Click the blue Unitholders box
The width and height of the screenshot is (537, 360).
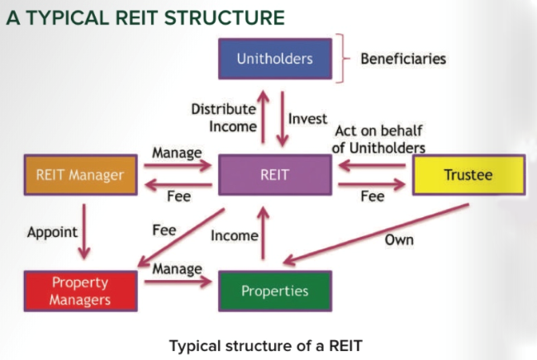tap(275, 59)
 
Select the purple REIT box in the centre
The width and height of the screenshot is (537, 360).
tap(274, 174)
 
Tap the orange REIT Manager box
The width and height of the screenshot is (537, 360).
tap(80, 174)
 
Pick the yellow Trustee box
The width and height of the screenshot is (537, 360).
tap(468, 175)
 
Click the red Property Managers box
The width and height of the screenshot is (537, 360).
tap(80, 291)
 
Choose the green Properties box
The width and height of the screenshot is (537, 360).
tap(274, 291)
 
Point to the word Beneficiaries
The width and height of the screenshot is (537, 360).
tap(403, 59)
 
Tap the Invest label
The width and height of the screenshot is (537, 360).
tap(307, 119)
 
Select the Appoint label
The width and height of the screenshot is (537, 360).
tap(53, 232)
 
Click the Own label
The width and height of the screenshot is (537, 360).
tap(399, 240)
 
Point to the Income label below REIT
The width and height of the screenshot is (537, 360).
tap(235, 235)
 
